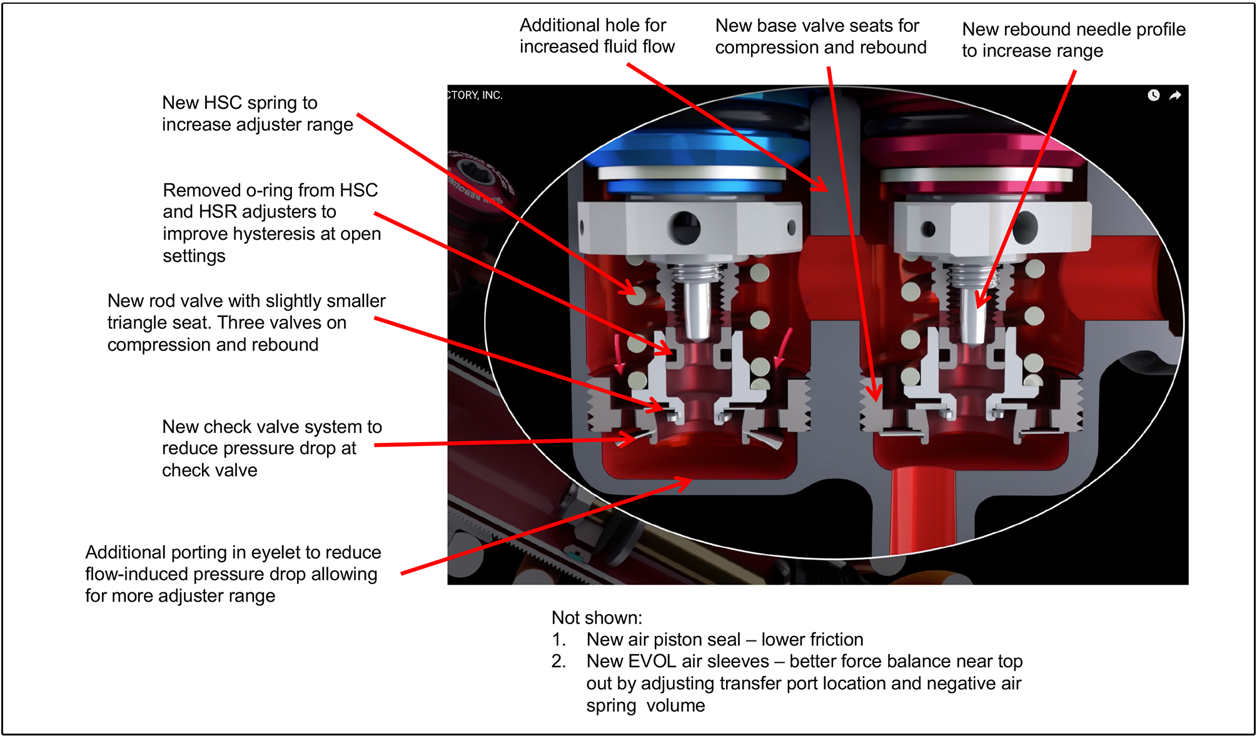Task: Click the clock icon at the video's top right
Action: point(1153,95)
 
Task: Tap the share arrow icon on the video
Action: point(1175,95)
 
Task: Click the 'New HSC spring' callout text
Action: point(257,113)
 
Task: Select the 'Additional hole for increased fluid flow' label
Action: point(597,36)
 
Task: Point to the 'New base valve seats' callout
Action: point(820,36)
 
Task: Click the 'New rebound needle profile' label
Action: point(1073,39)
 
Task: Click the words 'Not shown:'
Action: point(597,618)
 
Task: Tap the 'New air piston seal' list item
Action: point(724,639)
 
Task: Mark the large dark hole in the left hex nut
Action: point(685,226)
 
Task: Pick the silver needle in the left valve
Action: point(697,310)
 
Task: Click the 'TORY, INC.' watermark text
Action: point(475,95)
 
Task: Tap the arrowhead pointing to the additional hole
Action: point(820,185)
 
